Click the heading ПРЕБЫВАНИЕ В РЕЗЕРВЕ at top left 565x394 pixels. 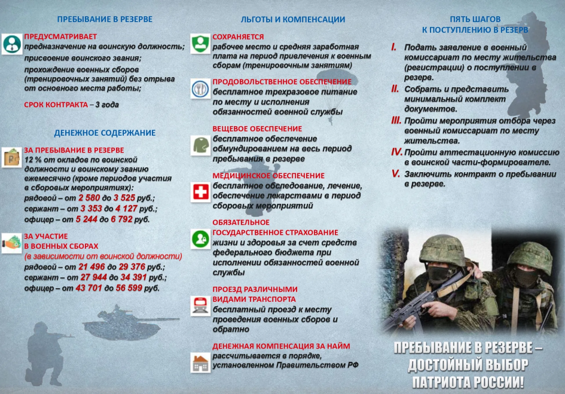[105, 19]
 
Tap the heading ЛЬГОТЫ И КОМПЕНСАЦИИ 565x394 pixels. [292, 19]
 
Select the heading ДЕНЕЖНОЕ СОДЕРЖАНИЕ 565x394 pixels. [105, 133]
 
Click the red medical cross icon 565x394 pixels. [200, 192]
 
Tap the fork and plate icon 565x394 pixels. [200, 88]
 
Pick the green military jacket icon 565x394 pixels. [200, 144]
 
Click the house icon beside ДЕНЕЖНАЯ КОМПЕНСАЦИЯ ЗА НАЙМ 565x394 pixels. [200, 361]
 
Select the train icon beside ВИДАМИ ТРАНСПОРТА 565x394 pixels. [200, 306]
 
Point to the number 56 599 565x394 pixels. [130, 288]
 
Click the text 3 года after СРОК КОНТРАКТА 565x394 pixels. [107, 105]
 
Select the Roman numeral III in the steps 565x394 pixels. [396, 120]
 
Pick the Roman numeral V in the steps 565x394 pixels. [395, 174]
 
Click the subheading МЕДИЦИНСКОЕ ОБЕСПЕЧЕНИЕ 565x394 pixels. [268, 176]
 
